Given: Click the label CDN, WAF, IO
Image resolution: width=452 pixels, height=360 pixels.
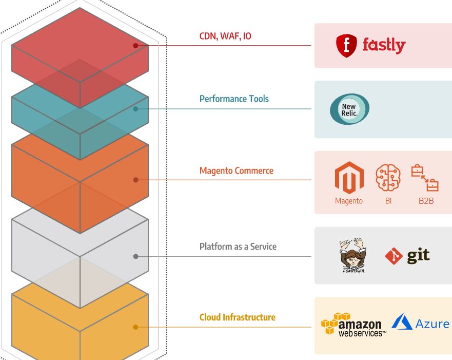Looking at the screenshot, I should [x=225, y=36].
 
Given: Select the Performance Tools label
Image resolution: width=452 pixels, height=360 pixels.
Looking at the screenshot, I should [x=234, y=99].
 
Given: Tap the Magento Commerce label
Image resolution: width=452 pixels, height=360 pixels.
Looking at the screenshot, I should [x=236, y=170].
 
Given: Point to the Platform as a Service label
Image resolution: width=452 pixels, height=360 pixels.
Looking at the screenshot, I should [x=238, y=247].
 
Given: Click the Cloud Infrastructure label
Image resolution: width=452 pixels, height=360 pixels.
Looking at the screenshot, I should [x=237, y=317].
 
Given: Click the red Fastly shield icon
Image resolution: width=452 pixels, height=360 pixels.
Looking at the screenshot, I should [x=346, y=46].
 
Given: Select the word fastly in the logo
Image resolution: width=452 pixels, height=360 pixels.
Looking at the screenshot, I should [x=384, y=45].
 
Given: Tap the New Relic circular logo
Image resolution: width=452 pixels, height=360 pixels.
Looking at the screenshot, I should [x=349, y=109].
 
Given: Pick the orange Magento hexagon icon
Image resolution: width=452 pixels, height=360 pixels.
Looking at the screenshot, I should [x=349, y=178].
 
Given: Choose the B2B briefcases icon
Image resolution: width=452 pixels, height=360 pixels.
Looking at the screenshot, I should [x=425, y=178].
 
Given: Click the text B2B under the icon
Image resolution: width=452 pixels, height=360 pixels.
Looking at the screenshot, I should [x=426, y=201].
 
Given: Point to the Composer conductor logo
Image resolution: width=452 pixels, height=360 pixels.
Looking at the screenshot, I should [x=353, y=255].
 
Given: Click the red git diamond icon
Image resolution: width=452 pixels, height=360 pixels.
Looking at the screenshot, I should [x=394, y=256].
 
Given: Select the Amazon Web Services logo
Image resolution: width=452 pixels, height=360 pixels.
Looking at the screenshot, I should [x=353, y=325].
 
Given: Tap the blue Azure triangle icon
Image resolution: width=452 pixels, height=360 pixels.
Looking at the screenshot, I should [x=402, y=323].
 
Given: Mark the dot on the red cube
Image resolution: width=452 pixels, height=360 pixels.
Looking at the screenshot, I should [x=135, y=46].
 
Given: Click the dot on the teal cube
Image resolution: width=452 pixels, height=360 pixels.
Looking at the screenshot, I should [x=135, y=109].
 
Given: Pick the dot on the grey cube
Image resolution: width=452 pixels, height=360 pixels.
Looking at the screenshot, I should [x=135, y=256].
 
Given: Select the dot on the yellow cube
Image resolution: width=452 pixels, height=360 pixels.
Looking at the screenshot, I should [x=135, y=327].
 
